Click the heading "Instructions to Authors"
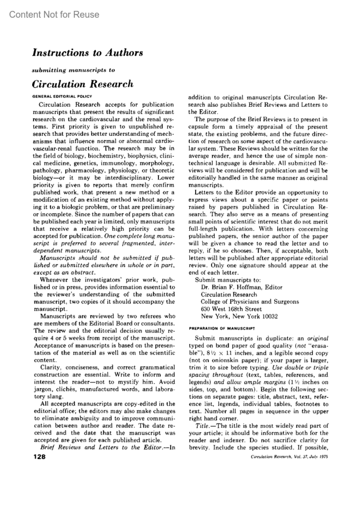pyautogui.click(x=87, y=53)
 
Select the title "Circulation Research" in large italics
pyautogui.click(x=82, y=84)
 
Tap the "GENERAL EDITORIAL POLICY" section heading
pyautogui.click(x=62, y=96)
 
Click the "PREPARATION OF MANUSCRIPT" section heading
pyautogui.click(x=222, y=328)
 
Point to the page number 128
pyautogui.click(x=39, y=457)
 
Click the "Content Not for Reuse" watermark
pyautogui.click(x=54, y=14)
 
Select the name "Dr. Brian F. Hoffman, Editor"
pyautogui.click(x=241, y=287)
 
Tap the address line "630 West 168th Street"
pyautogui.click(x=231, y=309)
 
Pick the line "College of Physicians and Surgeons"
pyautogui.click(x=250, y=302)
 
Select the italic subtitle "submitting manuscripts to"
pyautogui.click(x=73, y=70)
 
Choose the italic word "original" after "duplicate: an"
pyautogui.click(x=318, y=338)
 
